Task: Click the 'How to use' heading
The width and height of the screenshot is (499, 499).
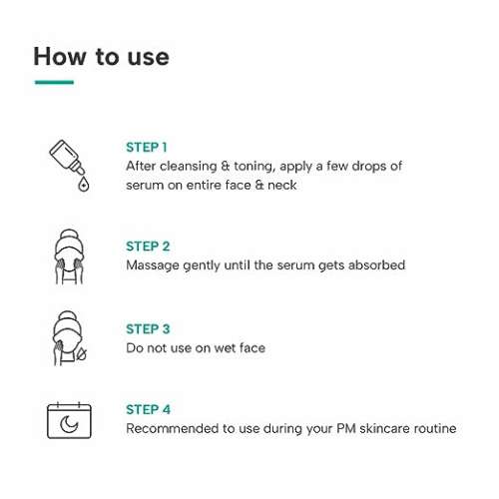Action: (101, 57)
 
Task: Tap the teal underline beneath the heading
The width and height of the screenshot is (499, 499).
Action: (54, 82)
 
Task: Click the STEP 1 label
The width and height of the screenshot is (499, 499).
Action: (147, 148)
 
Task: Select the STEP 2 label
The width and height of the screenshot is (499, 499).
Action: (148, 247)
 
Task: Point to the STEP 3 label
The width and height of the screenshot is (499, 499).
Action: (148, 329)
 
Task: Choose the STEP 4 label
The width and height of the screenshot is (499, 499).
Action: (148, 409)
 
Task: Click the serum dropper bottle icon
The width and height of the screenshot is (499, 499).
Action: (69, 166)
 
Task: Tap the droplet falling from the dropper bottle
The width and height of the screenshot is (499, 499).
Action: (83, 185)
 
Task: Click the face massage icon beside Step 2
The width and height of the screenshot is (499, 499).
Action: (69, 256)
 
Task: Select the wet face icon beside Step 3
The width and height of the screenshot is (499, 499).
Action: (69, 338)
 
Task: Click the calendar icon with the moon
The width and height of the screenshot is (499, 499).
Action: (69, 420)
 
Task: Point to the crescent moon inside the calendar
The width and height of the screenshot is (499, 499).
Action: (68, 424)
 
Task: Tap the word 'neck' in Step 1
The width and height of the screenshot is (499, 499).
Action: (282, 185)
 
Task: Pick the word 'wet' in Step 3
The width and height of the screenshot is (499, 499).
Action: (225, 348)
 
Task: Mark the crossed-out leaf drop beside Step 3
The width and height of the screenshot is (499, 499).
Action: (81, 353)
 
